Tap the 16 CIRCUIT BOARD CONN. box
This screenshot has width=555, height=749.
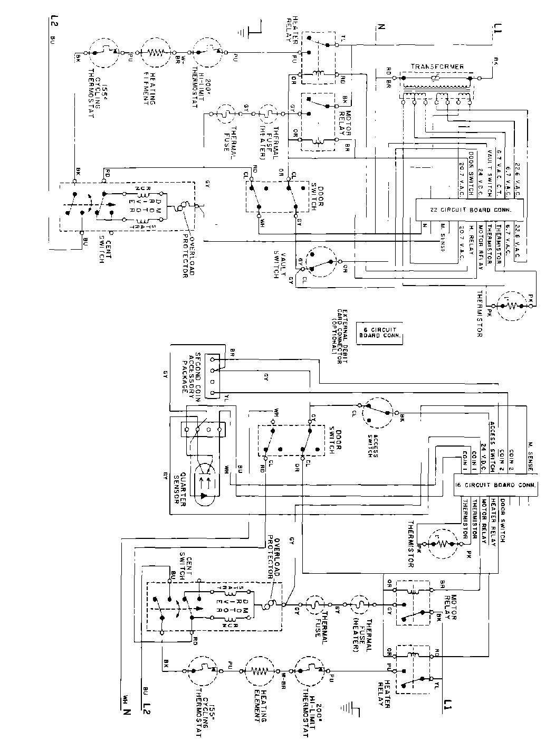(496, 484)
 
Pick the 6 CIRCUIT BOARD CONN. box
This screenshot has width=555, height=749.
(379, 332)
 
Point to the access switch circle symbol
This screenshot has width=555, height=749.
(378, 412)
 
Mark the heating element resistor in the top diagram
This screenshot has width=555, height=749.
(157, 53)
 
